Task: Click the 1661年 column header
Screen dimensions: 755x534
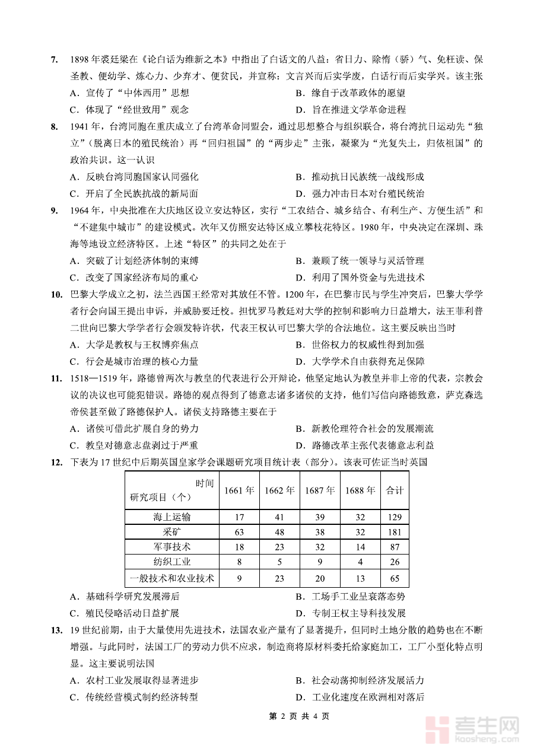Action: click(x=239, y=490)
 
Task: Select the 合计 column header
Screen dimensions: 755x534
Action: click(x=395, y=490)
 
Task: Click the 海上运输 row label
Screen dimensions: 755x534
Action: click(x=172, y=517)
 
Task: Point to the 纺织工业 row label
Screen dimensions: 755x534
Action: click(x=172, y=562)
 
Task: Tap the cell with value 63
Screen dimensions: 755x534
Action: click(x=239, y=532)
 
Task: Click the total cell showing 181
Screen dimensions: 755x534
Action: click(x=395, y=532)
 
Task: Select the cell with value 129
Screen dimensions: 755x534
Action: click(x=395, y=517)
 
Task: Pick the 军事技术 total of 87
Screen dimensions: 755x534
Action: click(x=395, y=547)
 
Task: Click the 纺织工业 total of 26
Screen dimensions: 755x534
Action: click(x=395, y=562)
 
